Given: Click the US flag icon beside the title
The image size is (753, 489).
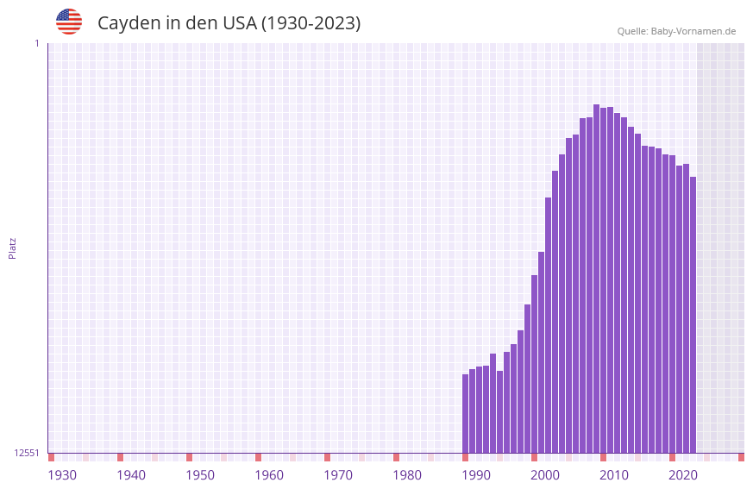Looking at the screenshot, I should click(69, 22).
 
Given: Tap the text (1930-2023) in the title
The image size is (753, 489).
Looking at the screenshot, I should click(311, 23).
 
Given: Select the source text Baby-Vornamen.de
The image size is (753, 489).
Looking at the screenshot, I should click(693, 32).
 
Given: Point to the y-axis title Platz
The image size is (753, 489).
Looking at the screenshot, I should click(12, 248).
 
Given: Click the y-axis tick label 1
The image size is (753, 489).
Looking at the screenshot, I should click(36, 43).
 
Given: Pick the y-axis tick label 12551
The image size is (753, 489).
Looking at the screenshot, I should click(28, 453).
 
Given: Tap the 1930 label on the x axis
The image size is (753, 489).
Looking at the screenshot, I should click(62, 475).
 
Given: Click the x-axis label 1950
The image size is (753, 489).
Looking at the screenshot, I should click(200, 475).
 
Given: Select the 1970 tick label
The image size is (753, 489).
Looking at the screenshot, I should click(338, 475).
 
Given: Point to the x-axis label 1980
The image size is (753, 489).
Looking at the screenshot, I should click(407, 475).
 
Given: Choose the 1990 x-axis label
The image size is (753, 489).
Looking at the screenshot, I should click(476, 475).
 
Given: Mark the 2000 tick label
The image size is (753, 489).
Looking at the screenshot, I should click(545, 475).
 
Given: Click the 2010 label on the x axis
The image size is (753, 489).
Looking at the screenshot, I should click(614, 475).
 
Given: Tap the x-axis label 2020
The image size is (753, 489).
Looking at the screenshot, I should click(683, 475).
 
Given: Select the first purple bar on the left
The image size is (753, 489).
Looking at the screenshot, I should click(466, 414).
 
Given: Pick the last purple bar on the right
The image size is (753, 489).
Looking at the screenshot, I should click(693, 315).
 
